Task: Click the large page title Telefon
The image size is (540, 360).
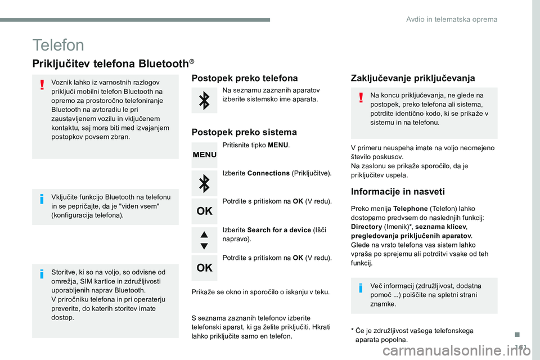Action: [x=58, y=45]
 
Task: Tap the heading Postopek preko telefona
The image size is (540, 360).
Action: [x=245, y=78]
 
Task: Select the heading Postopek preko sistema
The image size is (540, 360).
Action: [x=244, y=132]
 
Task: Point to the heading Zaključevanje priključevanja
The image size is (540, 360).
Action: [x=412, y=78]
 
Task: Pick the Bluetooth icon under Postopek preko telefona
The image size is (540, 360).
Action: [x=204, y=101]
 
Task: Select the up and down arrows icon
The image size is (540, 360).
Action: [x=204, y=238]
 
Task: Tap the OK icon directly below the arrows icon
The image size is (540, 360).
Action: [x=204, y=268]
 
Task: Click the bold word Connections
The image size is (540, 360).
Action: [x=268, y=173]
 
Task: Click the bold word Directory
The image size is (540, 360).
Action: [x=366, y=226]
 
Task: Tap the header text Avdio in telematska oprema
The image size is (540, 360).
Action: [x=452, y=19]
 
